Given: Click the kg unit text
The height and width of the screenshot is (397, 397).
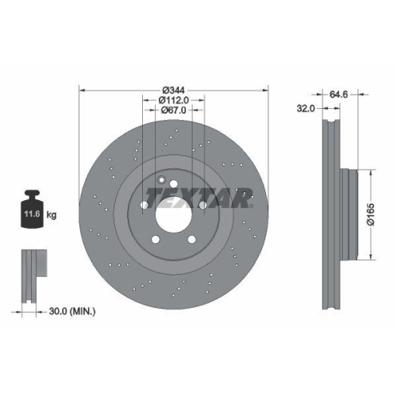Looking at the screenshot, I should (x=52, y=214).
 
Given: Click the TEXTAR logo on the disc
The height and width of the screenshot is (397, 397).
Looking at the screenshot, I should (x=198, y=196).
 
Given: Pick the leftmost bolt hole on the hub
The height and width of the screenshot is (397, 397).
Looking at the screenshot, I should (x=143, y=206).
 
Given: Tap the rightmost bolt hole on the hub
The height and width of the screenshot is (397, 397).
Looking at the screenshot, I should (x=202, y=206).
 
